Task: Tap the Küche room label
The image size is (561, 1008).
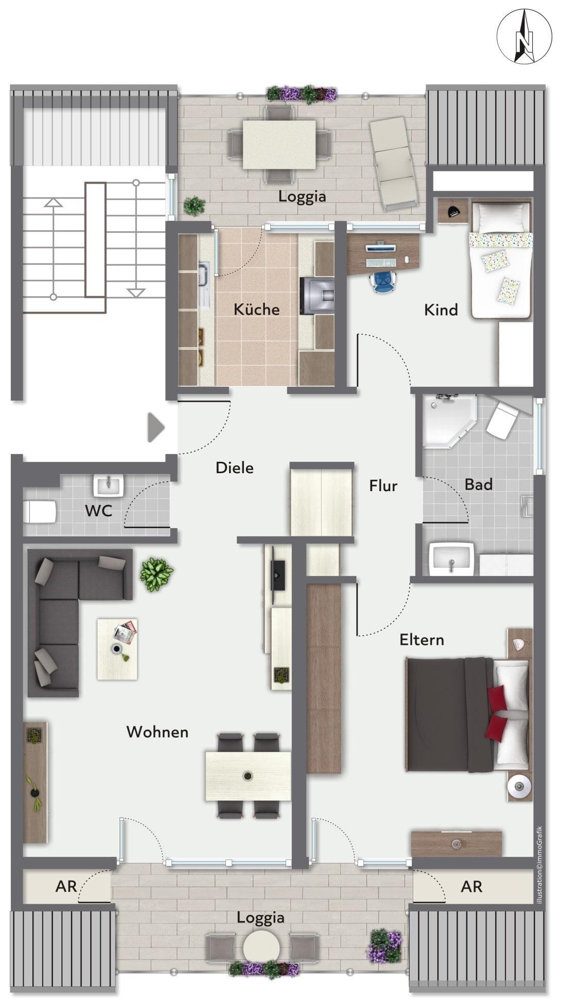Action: point(256,309)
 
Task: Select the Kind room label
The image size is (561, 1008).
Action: point(441,310)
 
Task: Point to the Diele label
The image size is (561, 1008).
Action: point(234,467)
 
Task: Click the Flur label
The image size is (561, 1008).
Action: point(383,485)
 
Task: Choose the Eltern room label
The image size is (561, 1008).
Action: point(422,640)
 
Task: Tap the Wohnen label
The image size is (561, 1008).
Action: point(157,732)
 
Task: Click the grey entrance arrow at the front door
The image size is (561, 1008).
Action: point(155,427)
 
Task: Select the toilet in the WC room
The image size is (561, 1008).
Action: point(40,512)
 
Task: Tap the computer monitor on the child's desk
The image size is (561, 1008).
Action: point(381,248)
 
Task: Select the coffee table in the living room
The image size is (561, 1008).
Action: point(117,649)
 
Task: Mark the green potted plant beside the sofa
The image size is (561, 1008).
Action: point(157,573)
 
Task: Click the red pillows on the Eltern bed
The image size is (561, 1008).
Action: point(496,713)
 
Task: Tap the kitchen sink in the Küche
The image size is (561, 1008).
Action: point(204,275)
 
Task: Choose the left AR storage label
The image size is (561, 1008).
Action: point(66,886)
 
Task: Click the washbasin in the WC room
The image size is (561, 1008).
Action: point(109,485)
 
